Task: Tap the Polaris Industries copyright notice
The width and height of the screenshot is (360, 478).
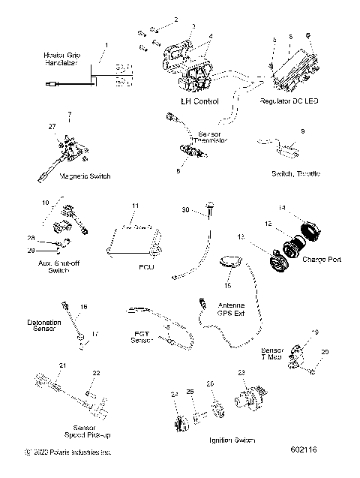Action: point(67,452)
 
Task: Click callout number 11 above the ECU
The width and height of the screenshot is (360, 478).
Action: point(136,206)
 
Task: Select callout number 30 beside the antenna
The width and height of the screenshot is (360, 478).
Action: point(186,211)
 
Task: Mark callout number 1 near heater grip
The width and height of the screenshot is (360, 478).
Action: point(106,46)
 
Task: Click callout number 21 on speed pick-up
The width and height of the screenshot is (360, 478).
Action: point(64,365)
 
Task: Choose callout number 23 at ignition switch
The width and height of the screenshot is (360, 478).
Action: point(241,372)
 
